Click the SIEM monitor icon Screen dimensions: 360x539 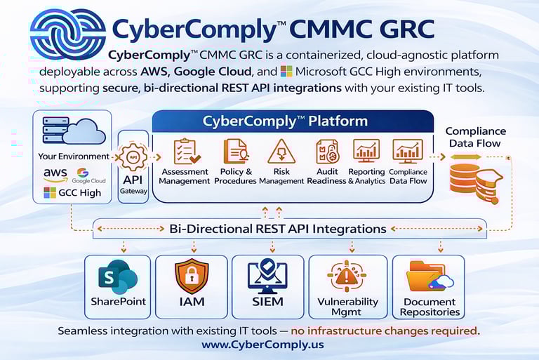click(x=267, y=276)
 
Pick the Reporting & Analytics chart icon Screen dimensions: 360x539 click(x=366, y=151)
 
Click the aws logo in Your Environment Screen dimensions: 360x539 click(x=55, y=173)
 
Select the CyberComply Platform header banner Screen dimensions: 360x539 click(x=285, y=121)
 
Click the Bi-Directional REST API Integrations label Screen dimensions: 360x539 click(x=278, y=229)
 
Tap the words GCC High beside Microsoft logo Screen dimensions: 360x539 click(x=80, y=193)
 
